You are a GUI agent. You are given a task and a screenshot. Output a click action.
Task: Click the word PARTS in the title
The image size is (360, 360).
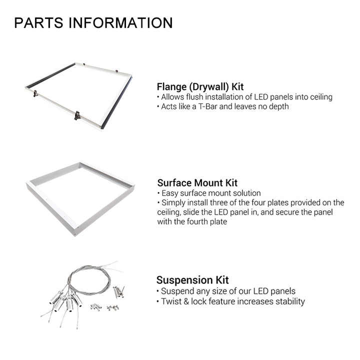tap(38, 22)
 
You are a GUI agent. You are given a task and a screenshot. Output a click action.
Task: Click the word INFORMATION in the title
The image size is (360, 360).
tap(121, 22)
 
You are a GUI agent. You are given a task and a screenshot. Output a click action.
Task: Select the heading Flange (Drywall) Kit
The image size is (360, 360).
tap(200, 87)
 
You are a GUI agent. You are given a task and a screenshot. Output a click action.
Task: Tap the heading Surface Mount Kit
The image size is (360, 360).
tap(197, 183)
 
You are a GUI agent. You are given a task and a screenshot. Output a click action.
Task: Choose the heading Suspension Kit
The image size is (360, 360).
tap(192, 280)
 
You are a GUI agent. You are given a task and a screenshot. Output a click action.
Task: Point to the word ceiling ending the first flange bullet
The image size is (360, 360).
tap(321, 97)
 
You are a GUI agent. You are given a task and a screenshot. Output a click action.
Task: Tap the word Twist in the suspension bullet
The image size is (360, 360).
tap(171, 301)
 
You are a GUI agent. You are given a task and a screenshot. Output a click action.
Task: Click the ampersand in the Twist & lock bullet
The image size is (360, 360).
tap(186, 301)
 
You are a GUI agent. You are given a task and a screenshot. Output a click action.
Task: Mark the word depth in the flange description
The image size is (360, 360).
tap(278, 107)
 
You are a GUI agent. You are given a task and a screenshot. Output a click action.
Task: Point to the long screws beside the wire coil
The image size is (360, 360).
tap(118, 291)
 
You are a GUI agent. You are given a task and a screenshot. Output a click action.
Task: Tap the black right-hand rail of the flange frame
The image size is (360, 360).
tap(117, 102)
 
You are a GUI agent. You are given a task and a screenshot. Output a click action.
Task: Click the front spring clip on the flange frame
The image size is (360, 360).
tap(77, 115)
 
